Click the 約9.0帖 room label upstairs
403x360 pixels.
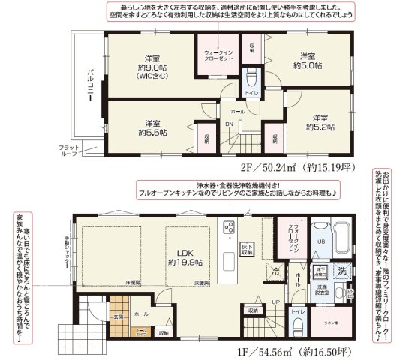[149, 66]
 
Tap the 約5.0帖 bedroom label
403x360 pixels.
[307, 61]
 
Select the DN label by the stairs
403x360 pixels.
[230, 124]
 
